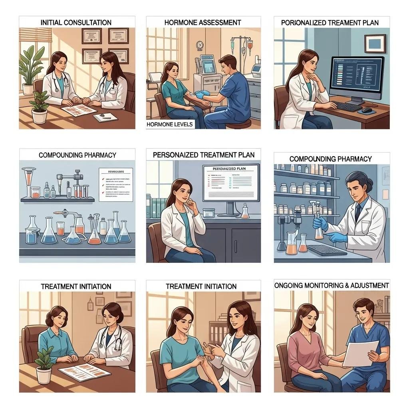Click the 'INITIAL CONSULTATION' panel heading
pyautogui.click(x=76, y=23)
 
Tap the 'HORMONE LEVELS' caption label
pyautogui.click(x=170, y=124)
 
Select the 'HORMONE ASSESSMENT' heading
pyautogui.click(x=203, y=23)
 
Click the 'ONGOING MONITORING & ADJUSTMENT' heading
pyautogui.click(x=332, y=285)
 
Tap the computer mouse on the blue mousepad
pyautogui.click(x=367, y=110)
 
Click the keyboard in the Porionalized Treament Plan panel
pyautogui.click(x=347, y=106)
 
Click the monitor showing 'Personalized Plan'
pyautogui.click(x=231, y=183)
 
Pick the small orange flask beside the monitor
pyautogui.click(x=245, y=212)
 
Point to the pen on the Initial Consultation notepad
pyautogui.click(x=103, y=116)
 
